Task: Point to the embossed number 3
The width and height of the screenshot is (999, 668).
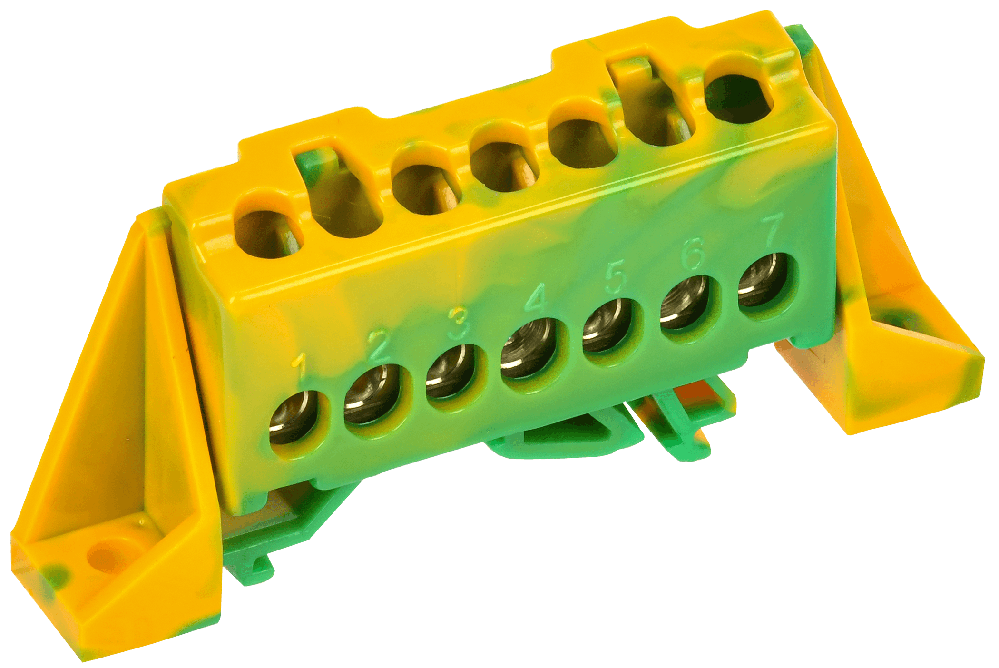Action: pyautogui.click(x=459, y=323)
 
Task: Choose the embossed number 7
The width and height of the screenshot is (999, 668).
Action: pyautogui.click(x=771, y=230)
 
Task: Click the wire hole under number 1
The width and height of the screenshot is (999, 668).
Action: pyautogui.click(x=294, y=417)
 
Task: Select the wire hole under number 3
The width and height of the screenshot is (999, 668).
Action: pyautogui.click(x=451, y=371)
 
